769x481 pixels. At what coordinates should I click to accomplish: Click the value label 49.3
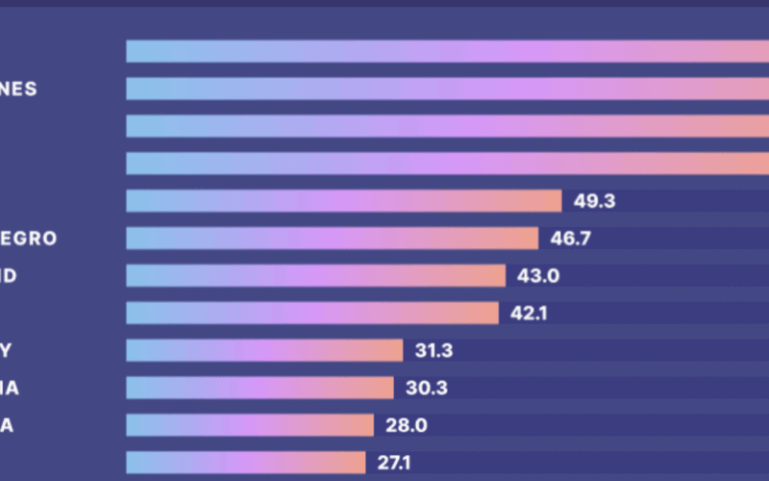tap(594, 201)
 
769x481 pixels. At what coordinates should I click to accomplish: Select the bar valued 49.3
tap(343, 201)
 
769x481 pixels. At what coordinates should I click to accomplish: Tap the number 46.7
tap(570, 239)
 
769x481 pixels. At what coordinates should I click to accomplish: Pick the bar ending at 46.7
tap(332, 239)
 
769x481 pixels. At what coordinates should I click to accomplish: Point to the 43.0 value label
tap(538, 276)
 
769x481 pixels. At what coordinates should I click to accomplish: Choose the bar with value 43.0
tap(315, 276)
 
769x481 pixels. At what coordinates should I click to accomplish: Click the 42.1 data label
tap(530, 314)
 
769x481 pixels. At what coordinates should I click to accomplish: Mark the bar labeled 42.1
tap(311, 314)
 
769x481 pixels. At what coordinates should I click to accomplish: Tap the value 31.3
tap(434, 351)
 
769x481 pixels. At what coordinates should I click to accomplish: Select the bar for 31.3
tap(263, 351)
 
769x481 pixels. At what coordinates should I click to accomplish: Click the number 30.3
tap(426, 389)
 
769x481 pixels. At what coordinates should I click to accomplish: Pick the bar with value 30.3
tap(260, 389)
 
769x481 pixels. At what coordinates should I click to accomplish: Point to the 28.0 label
tap(407, 426)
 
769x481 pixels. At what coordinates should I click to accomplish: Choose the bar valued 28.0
tap(249, 426)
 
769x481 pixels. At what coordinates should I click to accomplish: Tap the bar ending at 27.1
tap(245, 463)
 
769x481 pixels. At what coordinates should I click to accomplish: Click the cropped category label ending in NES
tap(18, 89)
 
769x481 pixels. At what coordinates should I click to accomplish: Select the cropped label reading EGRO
tap(29, 239)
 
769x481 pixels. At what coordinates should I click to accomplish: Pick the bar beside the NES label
tap(447, 89)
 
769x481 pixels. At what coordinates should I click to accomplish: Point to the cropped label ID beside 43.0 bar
tap(9, 276)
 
